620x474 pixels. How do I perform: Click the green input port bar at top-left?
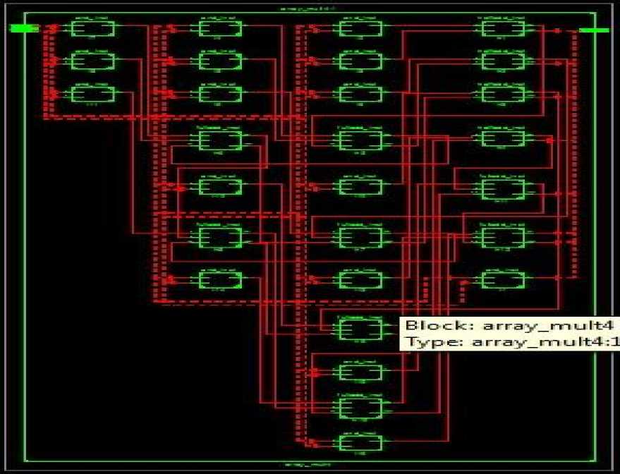pos(23,28)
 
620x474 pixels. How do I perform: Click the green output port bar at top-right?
pos(594,30)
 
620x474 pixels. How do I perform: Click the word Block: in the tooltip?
pos(430,327)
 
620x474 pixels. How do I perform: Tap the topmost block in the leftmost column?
pos(93,29)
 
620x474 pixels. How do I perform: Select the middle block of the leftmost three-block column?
pos(93,61)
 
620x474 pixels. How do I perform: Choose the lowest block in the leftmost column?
pos(93,94)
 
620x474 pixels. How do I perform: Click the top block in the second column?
pos(220,29)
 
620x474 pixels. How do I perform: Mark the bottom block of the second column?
pos(220,280)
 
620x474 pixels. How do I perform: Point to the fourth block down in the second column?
pos(220,140)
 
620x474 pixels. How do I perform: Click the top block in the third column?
pos(361,29)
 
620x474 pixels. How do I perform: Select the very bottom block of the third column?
pos(361,442)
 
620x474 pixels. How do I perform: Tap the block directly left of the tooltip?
pos(361,327)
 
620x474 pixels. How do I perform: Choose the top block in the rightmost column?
pos(503,29)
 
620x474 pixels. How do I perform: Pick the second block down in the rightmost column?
pos(503,61)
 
